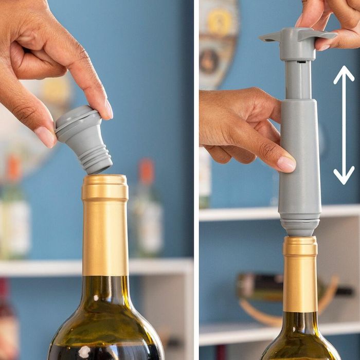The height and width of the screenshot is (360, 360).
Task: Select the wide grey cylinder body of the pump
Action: click(x=299, y=165)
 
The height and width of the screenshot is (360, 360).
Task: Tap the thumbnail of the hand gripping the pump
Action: click(x=286, y=164)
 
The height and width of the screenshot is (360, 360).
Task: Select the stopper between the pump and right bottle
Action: click(x=300, y=227)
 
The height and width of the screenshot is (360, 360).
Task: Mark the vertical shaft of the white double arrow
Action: click(x=344, y=126)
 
